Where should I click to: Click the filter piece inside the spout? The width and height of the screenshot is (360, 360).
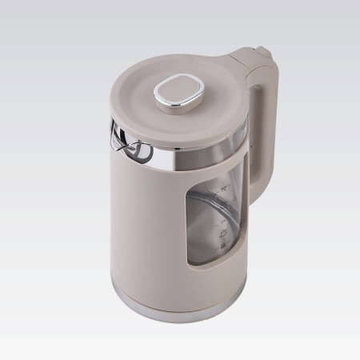click(128, 149)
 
